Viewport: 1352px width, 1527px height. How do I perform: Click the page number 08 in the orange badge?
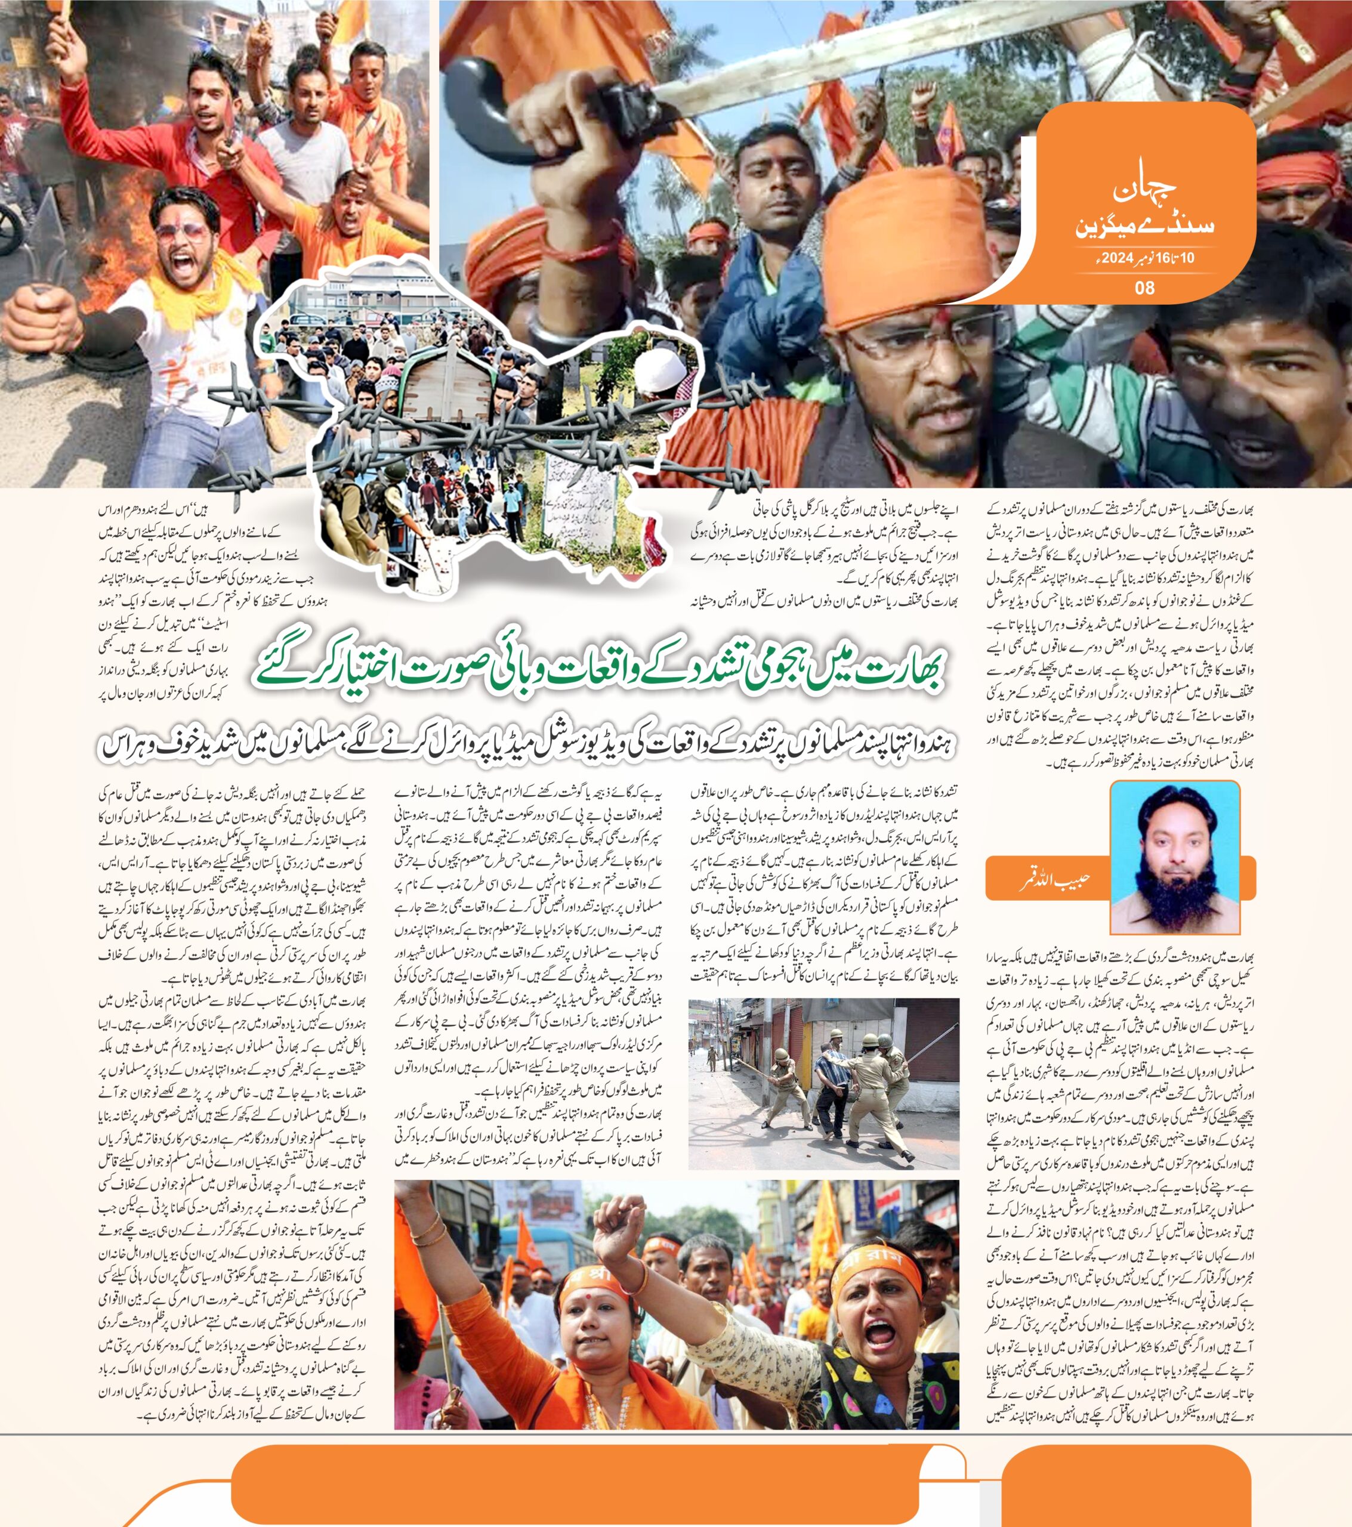coord(1144,288)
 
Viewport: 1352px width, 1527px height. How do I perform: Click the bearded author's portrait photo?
coord(1174,857)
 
